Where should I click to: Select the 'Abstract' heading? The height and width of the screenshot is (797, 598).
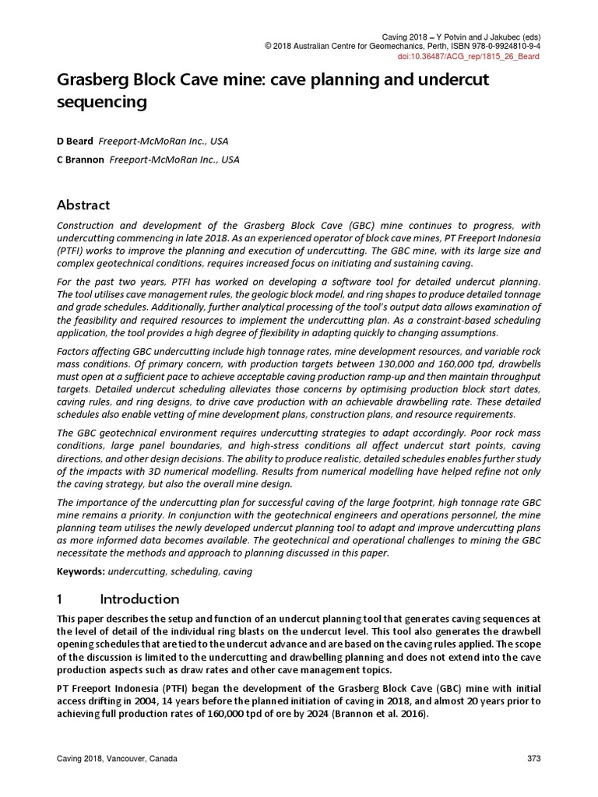(83, 205)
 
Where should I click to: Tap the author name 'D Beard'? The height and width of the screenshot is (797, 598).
(75, 141)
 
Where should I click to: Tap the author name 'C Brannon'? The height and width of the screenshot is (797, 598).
(80, 160)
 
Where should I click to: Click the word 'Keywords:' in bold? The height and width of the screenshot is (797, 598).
(81, 571)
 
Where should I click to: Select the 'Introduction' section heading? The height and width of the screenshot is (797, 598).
(139, 599)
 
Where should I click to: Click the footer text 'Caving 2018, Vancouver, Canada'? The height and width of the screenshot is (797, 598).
(116, 759)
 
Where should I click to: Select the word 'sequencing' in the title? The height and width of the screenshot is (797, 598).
(101, 102)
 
